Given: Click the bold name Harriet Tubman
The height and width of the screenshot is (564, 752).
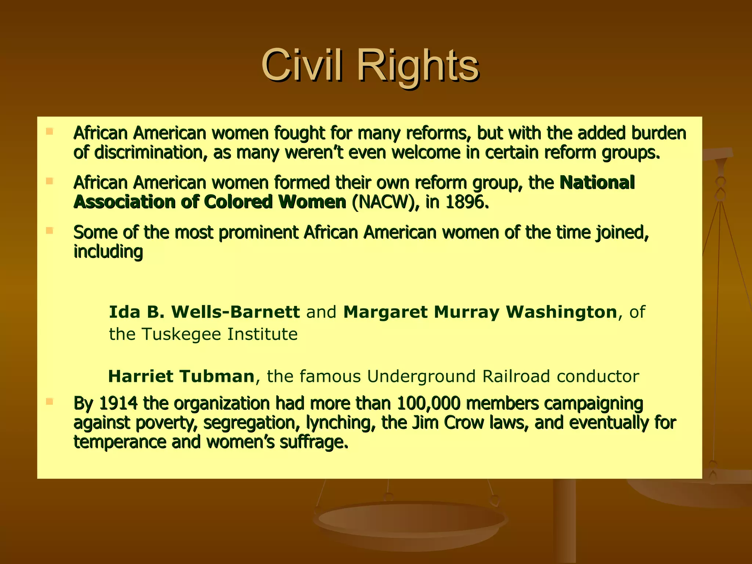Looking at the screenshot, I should click(x=181, y=376).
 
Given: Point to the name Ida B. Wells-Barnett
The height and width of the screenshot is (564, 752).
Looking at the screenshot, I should click(x=204, y=312).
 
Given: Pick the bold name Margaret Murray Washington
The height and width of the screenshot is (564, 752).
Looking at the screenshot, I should click(x=480, y=312).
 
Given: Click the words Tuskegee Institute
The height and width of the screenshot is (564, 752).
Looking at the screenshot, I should click(x=219, y=334).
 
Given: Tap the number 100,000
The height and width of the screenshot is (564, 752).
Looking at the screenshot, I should click(x=428, y=403).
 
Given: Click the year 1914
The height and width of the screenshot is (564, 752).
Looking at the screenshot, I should click(x=118, y=403).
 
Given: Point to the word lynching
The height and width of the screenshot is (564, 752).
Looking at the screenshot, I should click(x=340, y=423).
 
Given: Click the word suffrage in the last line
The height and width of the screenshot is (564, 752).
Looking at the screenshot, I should click(x=313, y=442).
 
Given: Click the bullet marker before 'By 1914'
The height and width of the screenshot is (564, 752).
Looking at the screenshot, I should click(x=50, y=401).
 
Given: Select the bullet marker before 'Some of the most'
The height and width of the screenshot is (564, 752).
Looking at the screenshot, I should click(x=50, y=231).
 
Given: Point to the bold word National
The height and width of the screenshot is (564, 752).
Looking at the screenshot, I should click(x=597, y=182).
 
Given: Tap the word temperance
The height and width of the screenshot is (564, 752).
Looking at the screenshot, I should click(x=119, y=442).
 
